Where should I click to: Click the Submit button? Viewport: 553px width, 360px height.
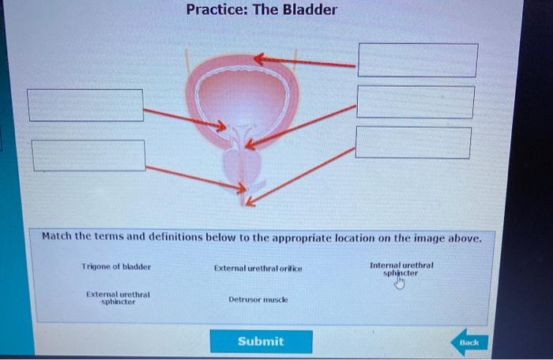point(261,341)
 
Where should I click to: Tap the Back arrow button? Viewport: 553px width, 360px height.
point(469,343)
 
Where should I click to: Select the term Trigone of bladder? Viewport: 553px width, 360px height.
point(116,267)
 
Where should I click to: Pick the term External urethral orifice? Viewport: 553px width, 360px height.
point(258,268)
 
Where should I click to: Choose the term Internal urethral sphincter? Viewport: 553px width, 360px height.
point(401,269)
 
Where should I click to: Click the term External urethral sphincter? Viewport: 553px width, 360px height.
point(118,298)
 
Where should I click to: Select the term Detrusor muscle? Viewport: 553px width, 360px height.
point(258,300)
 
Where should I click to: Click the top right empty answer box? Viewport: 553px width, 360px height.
point(417,60)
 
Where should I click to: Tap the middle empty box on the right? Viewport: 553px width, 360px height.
point(416,102)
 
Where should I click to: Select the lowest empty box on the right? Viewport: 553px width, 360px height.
point(413,142)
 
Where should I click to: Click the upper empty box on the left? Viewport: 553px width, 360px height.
point(86,105)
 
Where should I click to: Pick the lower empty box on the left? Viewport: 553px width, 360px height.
point(88,155)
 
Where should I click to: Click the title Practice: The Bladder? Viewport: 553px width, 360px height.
point(261,10)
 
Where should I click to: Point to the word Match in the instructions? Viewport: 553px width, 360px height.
point(57,237)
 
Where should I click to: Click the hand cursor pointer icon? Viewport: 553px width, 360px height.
point(400,283)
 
